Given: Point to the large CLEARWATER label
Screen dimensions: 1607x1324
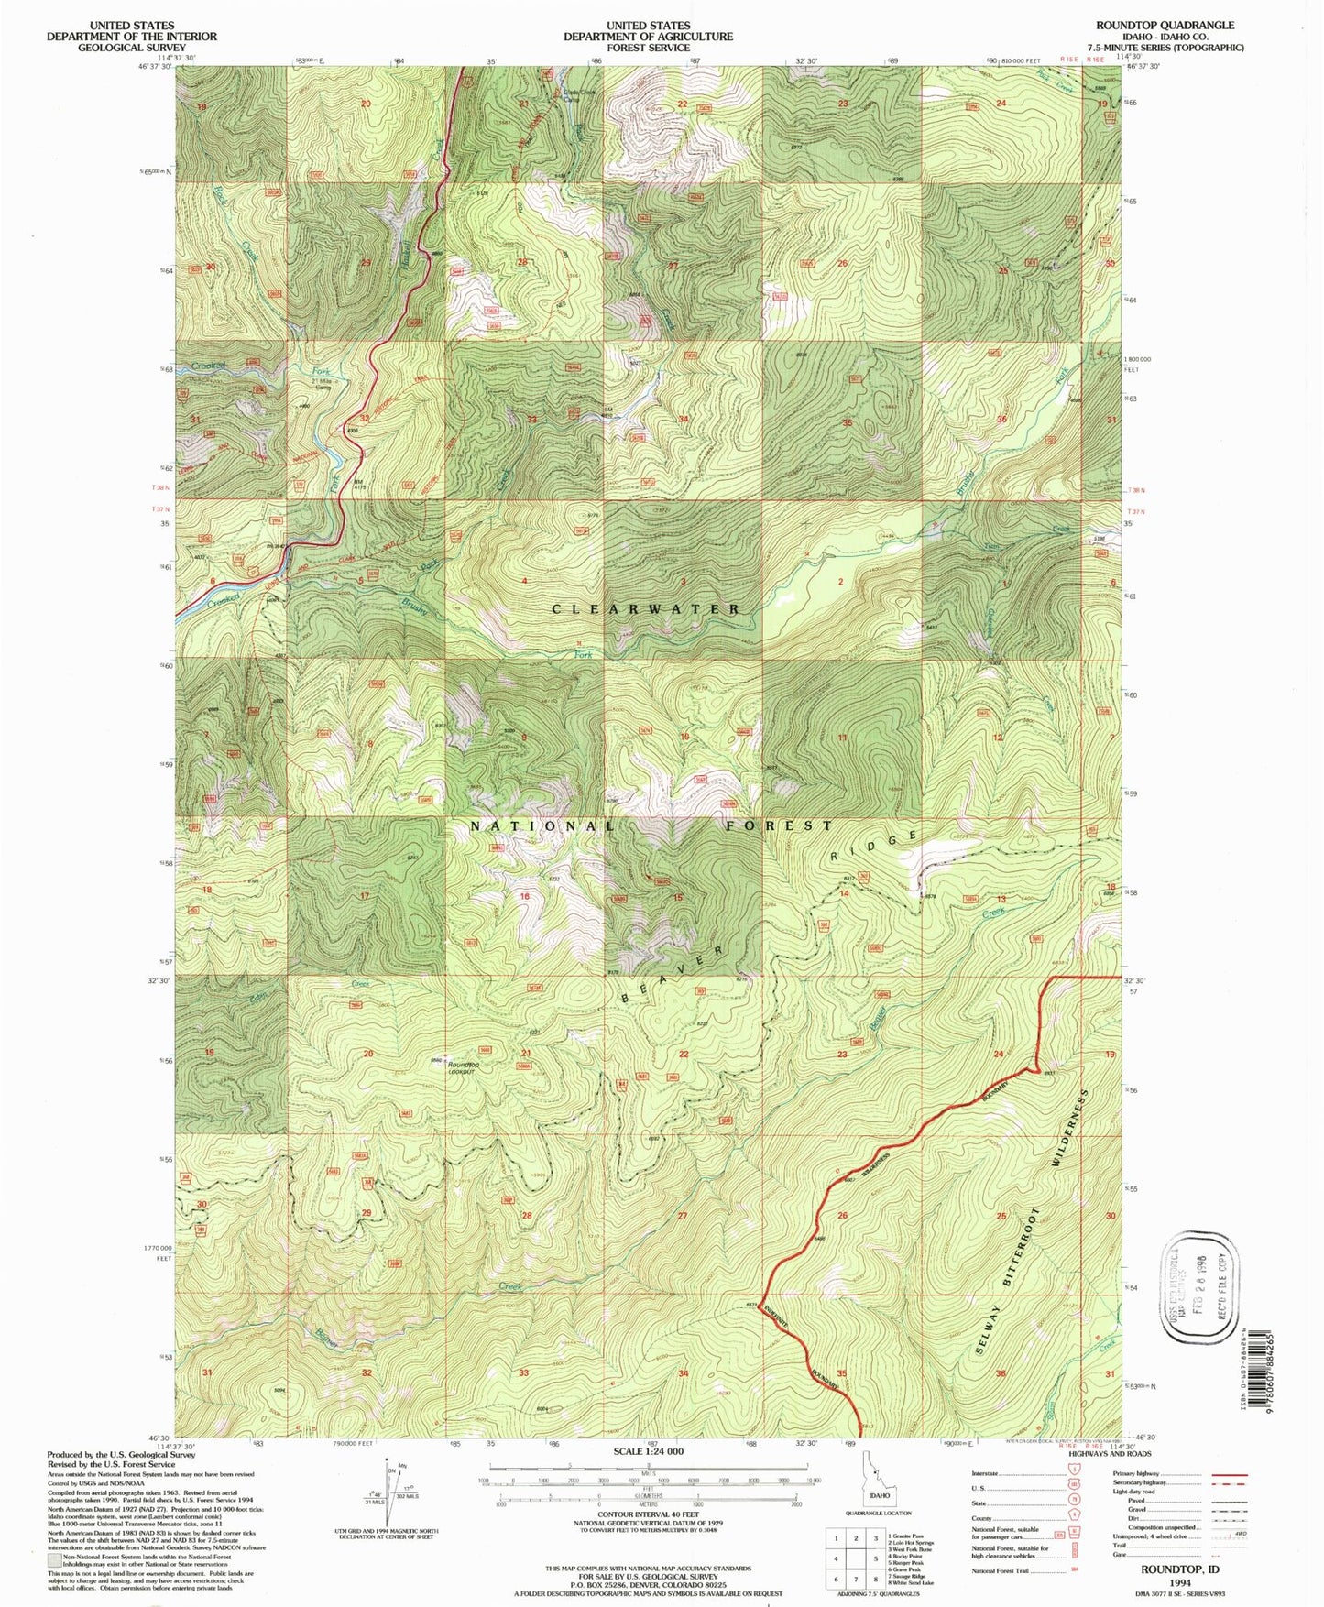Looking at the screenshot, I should coord(647,608).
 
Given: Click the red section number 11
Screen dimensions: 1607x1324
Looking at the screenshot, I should coord(842,738).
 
